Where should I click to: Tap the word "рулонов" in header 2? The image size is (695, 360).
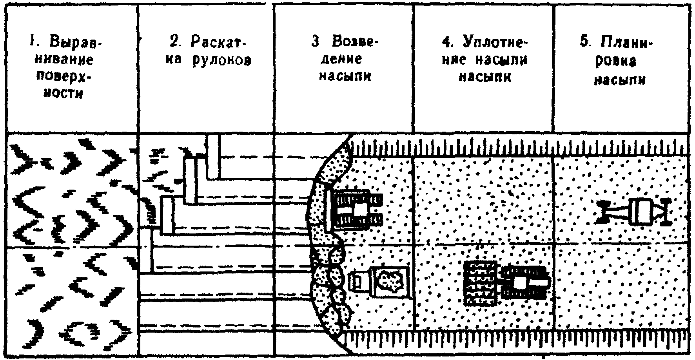(x=222, y=61)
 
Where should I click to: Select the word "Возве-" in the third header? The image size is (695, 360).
(x=356, y=42)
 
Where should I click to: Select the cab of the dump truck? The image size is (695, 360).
(x=358, y=281)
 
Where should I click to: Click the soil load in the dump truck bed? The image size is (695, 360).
(x=390, y=280)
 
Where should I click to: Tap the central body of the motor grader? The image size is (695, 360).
(x=641, y=212)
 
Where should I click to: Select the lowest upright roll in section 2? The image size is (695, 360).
(x=146, y=251)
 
